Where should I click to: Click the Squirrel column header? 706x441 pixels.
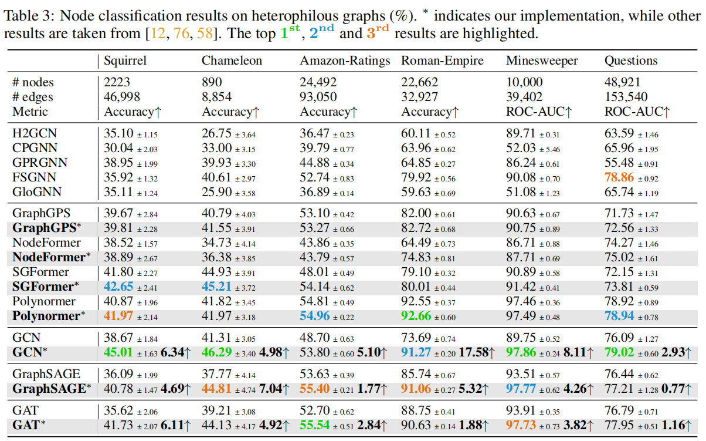tap(125, 60)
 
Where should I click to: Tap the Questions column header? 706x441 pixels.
tap(631, 60)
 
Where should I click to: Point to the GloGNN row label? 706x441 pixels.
tap(36, 191)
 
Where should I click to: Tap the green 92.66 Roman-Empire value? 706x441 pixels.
tap(416, 316)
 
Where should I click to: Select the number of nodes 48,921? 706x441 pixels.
tap(623, 83)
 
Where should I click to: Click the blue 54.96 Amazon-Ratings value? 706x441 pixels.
tap(315, 316)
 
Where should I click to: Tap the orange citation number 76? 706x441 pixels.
tap(181, 33)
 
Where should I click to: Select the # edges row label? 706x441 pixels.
tap(33, 97)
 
